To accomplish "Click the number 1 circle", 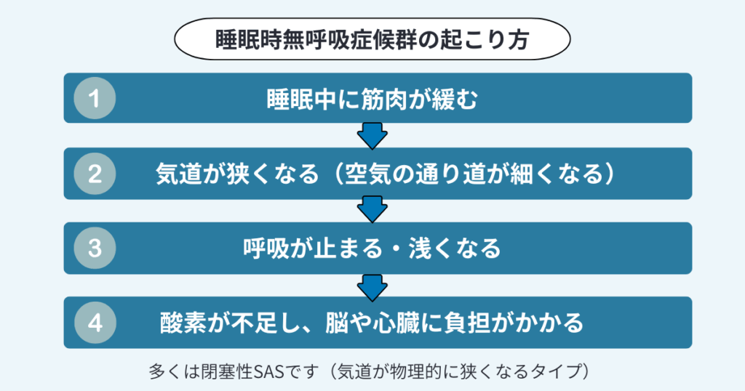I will tap(95, 98).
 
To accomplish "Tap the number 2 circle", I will tap(95, 174).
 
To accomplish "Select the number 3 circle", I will tap(95, 248).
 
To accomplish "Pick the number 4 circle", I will tap(95, 322).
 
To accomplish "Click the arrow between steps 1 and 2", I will tap(372, 135).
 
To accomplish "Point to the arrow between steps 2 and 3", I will tap(372, 210).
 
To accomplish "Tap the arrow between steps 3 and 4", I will tap(372, 285).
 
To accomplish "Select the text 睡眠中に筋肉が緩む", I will tap(372, 98).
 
